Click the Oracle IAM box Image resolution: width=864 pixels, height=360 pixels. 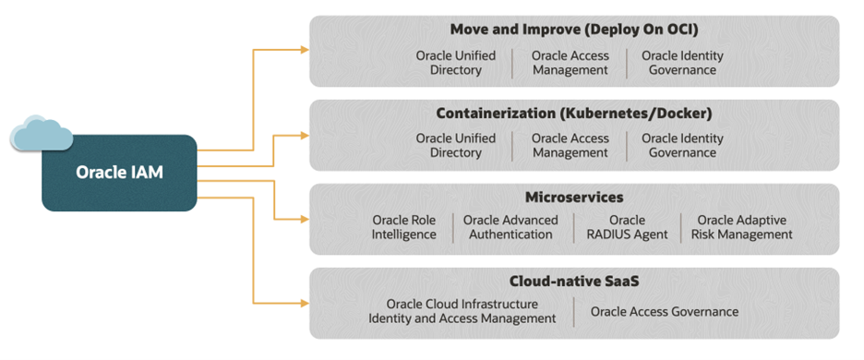coord(119,173)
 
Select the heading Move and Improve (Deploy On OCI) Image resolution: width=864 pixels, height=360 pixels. coord(573,30)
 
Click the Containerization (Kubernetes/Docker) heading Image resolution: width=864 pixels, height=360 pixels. coord(573,114)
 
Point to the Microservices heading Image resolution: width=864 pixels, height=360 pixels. coord(573,197)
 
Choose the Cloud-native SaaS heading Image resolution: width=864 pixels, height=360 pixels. coord(573,281)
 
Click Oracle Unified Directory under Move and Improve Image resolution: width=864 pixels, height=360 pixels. coord(455,63)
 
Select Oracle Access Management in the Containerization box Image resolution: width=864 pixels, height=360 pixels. coord(570,146)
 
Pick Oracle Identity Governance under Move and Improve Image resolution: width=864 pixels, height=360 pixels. coord(682,63)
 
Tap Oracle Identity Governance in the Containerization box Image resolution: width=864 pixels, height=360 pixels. coord(682,146)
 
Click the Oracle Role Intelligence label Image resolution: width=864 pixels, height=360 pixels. coord(404,227)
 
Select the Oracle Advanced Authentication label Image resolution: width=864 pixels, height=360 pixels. coord(510,227)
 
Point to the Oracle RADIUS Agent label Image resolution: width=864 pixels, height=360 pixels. coord(627,227)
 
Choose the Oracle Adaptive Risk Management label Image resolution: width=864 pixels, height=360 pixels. coord(741,227)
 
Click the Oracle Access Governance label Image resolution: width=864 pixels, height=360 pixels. coord(665,311)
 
